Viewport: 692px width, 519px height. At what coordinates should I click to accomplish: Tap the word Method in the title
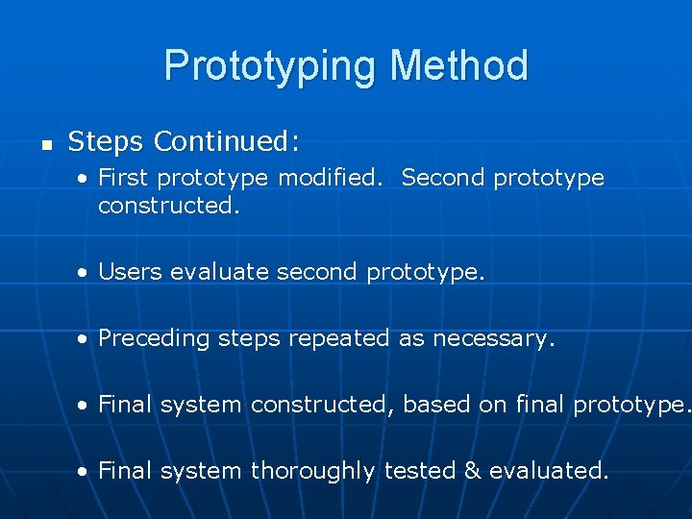[458, 66]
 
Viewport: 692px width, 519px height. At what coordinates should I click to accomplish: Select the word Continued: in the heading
[227, 142]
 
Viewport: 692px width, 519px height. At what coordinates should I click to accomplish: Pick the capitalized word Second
[443, 178]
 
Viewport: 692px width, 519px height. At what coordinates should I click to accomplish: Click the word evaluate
[220, 272]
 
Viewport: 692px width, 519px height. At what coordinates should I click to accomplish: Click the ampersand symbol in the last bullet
[471, 471]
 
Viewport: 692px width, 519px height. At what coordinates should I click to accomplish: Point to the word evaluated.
[549, 471]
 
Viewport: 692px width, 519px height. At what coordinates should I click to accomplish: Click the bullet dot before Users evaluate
[86, 273]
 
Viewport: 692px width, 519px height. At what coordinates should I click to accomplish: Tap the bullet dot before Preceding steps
[86, 339]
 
